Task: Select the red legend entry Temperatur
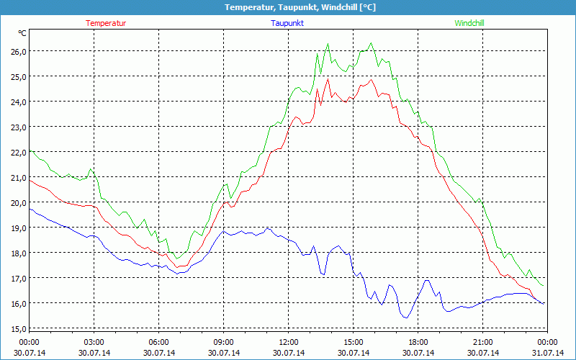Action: tap(106, 23)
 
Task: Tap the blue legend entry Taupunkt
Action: tap(287, 23)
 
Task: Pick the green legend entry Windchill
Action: tap(469, 23)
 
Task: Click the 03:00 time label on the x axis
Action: tap(94, 342)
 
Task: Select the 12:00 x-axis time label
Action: tap(289, 342)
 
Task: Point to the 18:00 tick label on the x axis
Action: tap(418, 342)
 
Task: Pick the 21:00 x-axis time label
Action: tap(483, 342)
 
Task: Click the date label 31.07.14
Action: tap(548, 353)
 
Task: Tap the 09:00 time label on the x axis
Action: tap(224, 342)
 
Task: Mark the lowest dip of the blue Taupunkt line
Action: tap(406, 318)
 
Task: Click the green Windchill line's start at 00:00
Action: tap(30, 151)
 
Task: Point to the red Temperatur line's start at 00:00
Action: tap(30, 181)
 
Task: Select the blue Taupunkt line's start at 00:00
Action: tap(30, 209)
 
